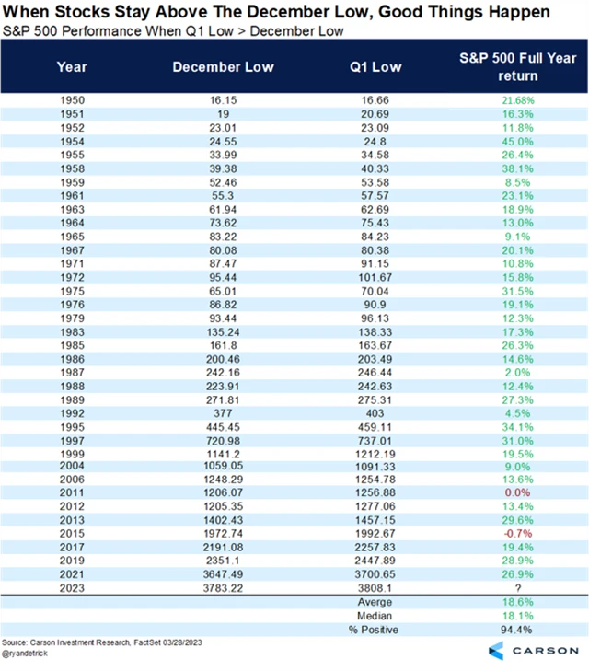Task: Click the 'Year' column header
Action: pos(74,66)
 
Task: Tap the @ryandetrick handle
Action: pos(25,654)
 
